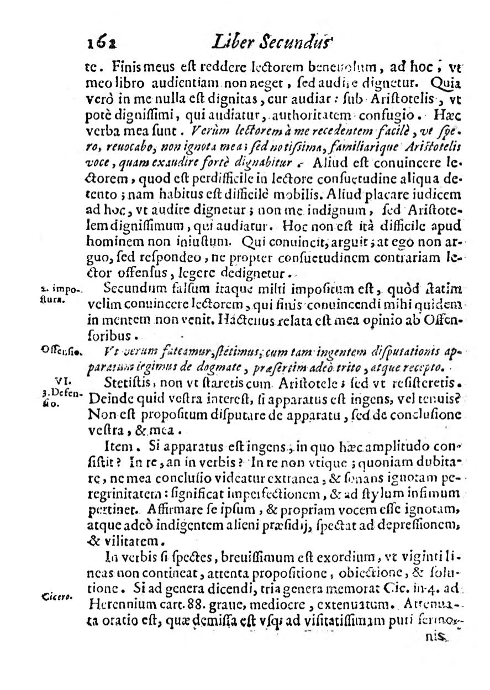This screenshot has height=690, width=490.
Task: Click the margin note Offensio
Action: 61,349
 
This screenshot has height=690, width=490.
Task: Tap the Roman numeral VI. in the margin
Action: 62,380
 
